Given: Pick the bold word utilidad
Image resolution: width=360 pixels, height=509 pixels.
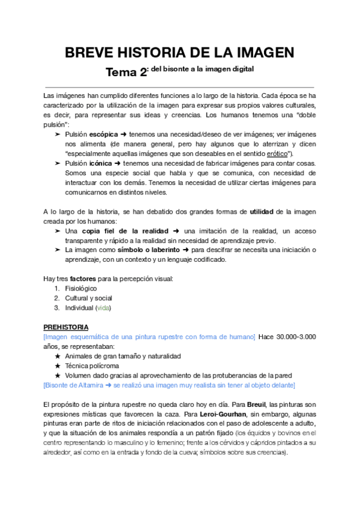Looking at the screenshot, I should click(265, 212).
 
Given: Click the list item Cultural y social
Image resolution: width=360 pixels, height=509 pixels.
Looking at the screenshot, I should click(88, 298).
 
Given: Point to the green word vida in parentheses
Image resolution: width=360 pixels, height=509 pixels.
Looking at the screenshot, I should click(103, 308).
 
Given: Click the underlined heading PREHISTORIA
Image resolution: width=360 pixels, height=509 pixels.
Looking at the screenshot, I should click(66, 327).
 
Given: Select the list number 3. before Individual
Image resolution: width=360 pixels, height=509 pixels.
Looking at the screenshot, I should click(57, 308).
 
